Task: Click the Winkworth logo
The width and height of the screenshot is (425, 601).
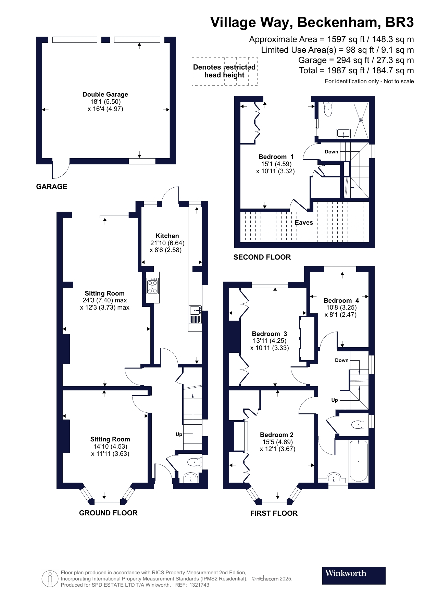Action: click(353, 575)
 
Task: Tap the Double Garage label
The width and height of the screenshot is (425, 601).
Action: click(105, 95)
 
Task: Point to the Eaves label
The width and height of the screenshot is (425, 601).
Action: click(304, 223)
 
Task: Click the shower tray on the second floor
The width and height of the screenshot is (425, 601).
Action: click(361, 120)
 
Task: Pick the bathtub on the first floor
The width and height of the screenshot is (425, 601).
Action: click(359, 461)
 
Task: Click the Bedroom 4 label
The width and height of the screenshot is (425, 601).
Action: click(341, 301)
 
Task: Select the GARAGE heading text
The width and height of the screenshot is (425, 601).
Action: click(52, 187)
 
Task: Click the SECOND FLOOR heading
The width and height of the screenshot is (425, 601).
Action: click(262, 257)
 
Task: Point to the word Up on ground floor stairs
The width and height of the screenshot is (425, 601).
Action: click(179, 434)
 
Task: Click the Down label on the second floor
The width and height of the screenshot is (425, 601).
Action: click(331, 152)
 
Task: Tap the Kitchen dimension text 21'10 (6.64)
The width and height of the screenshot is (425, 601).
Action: click(167, 243)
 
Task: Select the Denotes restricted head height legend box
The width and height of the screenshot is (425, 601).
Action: click(224, 71)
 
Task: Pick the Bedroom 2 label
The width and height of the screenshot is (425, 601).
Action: click(276, 435)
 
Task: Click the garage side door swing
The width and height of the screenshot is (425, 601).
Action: click(60, 170)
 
